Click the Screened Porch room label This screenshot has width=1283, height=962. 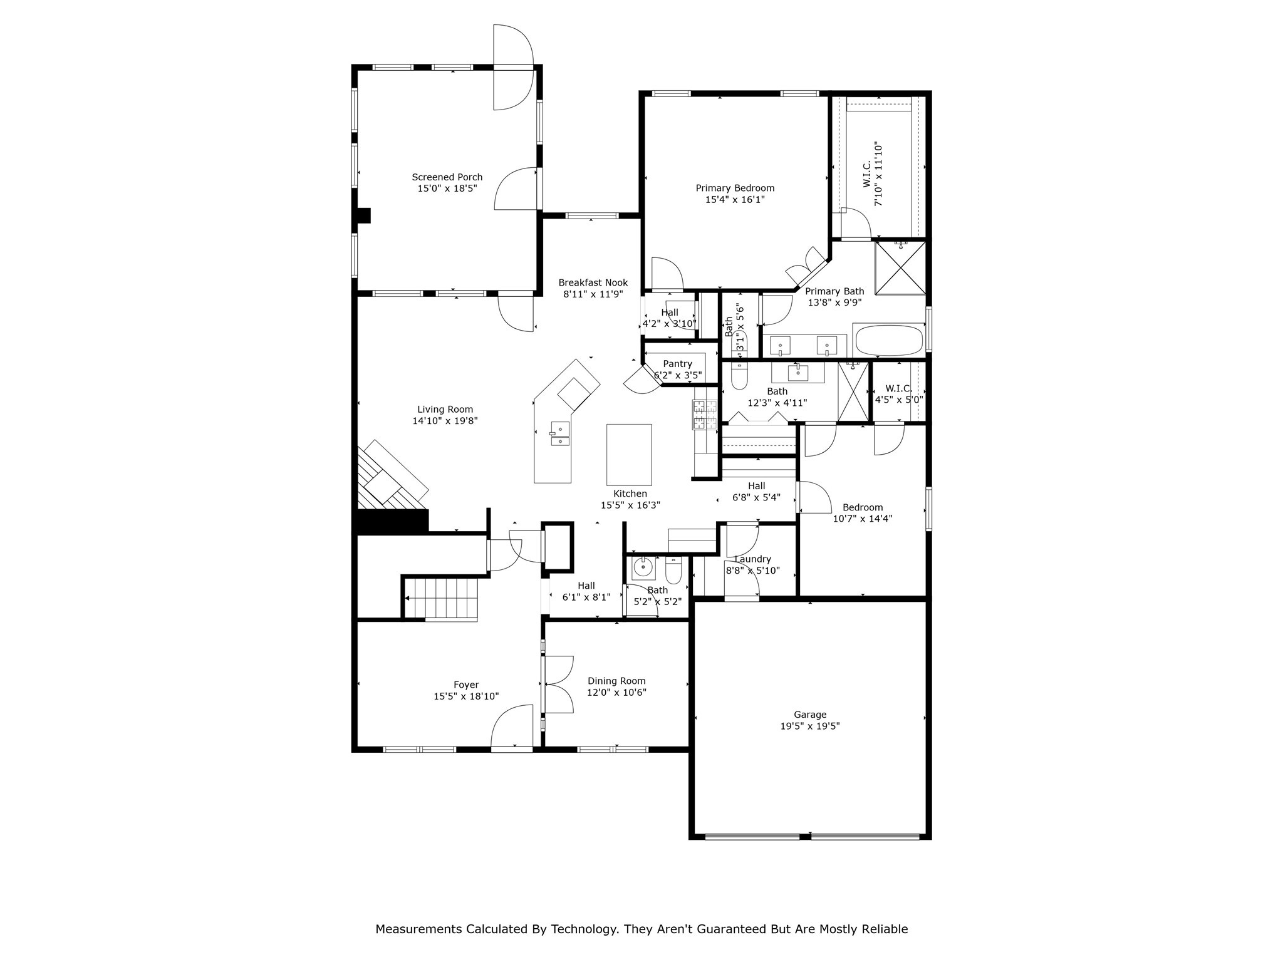coord(447,177)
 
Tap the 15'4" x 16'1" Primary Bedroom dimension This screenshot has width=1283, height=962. coord(735,200)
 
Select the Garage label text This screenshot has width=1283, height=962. coord(810,715)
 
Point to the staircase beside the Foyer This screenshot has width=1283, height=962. coord(442,599)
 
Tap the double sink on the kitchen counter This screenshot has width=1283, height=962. coord(560,434)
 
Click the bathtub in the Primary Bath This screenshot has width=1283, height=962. coord(888,340)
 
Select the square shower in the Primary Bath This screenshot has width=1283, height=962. coord(900,267)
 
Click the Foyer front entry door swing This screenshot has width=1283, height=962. coord(512,727)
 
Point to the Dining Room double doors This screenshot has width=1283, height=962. coord(558,685)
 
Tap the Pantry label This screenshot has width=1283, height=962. coord(677,364)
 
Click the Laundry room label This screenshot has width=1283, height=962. coord(752,559)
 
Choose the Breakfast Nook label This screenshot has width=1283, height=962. coord(593,282)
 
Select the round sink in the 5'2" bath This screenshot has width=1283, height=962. coord(642,568)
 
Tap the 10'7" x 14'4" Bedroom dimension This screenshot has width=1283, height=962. coord(862,519)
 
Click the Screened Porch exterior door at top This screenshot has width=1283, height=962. coord(512,68)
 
